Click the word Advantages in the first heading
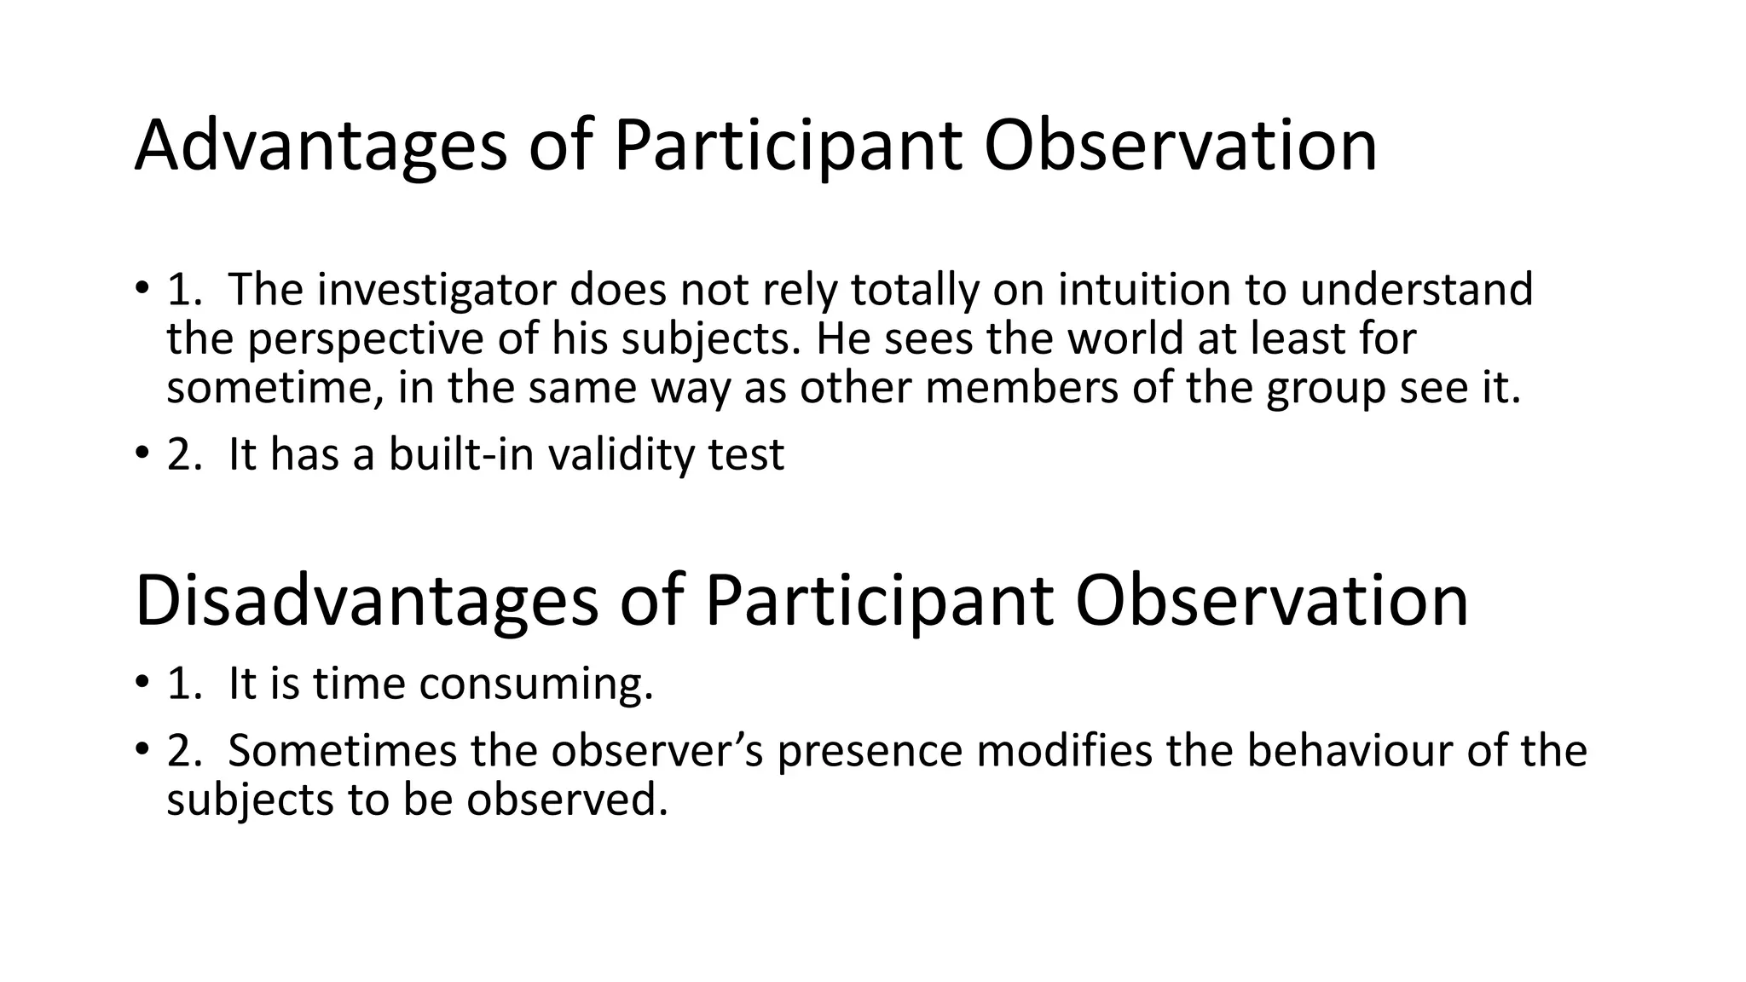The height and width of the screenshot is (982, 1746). [321, 147]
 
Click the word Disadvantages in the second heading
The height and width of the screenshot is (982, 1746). [367, 602]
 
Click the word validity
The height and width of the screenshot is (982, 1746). [622, 454]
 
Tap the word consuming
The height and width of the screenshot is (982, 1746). [535, 685]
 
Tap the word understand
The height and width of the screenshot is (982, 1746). [1416, 290]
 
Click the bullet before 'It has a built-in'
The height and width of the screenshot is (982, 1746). [142, 453]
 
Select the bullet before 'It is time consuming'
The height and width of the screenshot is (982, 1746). [142, 683]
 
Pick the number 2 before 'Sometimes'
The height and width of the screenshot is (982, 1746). [181, 751]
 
